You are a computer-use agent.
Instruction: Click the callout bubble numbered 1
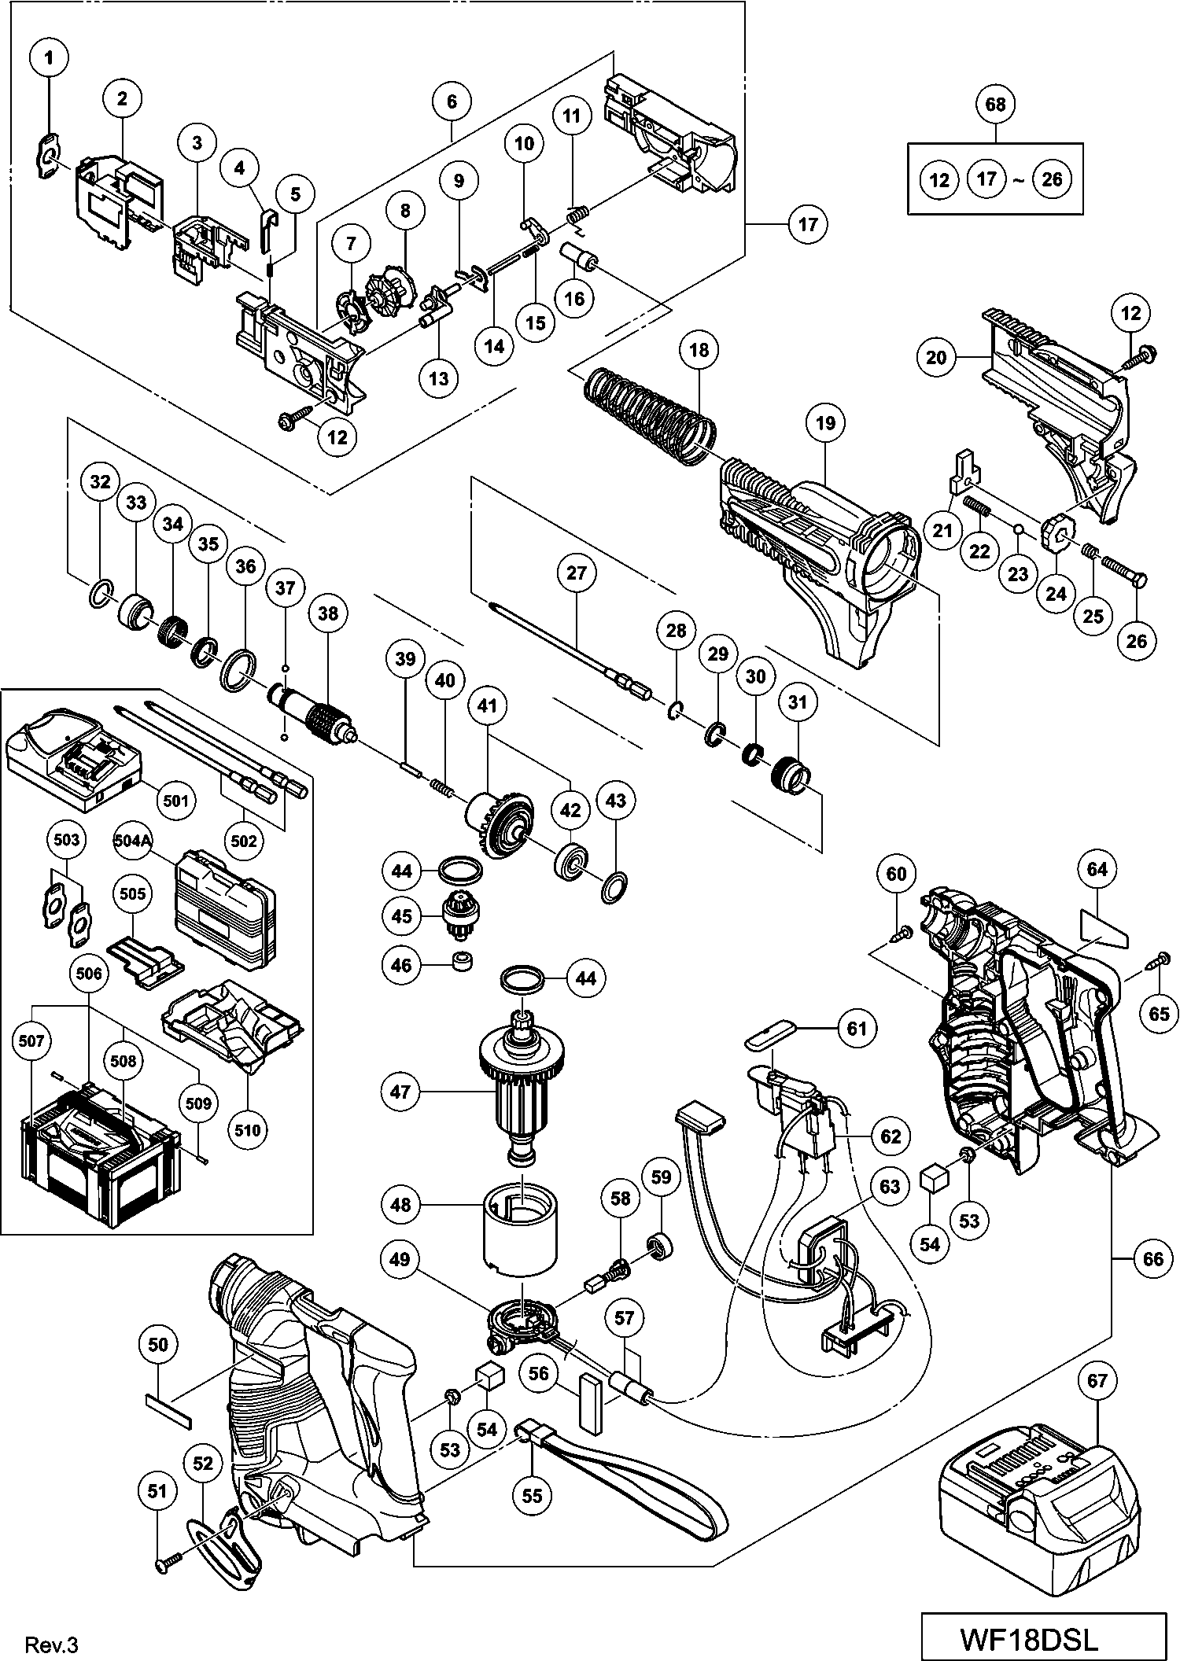(50, 57)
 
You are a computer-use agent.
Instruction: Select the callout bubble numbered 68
(995, 104)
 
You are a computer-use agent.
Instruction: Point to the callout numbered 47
(400, 1092)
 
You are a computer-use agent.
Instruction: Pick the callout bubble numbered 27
(576, 573)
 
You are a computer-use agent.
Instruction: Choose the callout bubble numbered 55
(533, 1495)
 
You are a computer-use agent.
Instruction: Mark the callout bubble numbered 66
(1152, 1259)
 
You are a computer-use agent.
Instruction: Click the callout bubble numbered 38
(327, 613)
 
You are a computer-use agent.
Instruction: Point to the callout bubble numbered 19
(824, 423)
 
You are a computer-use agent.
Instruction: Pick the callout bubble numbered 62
(891, 1136)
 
